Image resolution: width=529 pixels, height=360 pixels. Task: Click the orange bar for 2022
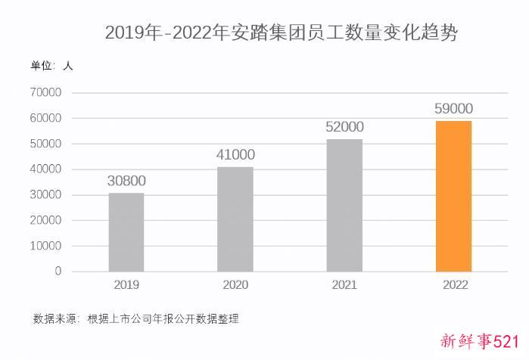(x=453, y=196)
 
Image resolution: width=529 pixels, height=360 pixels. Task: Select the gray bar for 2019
(x=126, y=232)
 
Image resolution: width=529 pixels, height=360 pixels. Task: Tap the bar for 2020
(x=235, y=219)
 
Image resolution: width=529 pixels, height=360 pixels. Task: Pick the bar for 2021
(x=344, y=205)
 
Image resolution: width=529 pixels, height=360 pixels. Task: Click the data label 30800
(x=126, y=181)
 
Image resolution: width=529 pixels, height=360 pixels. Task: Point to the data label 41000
(x=235, y=155)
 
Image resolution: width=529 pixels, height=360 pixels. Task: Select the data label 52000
(x=344, y=127)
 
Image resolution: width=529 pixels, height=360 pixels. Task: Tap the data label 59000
(x=453, y=109)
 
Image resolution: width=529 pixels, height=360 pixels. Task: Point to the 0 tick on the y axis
(x=58, y=272)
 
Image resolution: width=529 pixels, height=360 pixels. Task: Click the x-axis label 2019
(x=126, y=285)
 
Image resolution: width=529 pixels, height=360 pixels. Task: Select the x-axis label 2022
(x=454, y=285)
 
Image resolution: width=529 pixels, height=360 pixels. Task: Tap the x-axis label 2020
(x=235, y=285)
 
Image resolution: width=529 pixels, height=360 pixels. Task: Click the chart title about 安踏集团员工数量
(x=281, y=33)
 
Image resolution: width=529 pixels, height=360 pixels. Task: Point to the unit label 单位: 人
(x=51, y=67)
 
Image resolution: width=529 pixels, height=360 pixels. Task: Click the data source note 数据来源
(x=136, y=318)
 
